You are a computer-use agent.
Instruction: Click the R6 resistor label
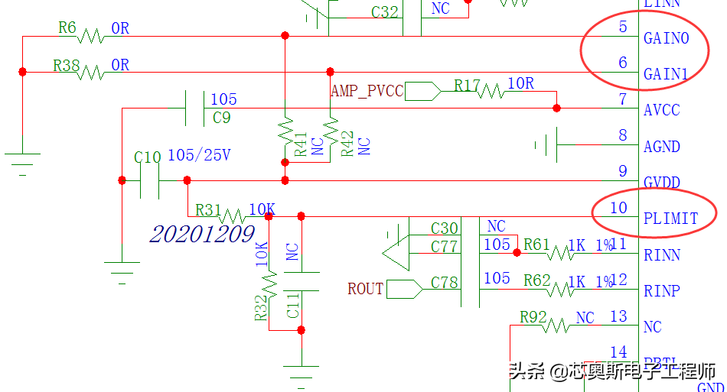67,28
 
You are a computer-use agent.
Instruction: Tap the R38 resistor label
67,66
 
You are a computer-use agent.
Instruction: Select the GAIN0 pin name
666,38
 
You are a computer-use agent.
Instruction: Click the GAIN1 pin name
666,74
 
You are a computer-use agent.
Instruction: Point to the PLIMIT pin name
670,219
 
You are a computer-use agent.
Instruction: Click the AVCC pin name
661,110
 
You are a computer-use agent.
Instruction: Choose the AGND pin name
662,147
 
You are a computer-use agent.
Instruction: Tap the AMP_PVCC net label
367,90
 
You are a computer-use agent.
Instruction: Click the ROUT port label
365,289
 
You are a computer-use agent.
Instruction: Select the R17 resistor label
467,85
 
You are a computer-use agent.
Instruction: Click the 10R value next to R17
520,83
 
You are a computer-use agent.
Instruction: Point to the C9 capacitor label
221,118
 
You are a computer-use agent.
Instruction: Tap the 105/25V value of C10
199,155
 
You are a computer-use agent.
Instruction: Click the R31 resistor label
208,209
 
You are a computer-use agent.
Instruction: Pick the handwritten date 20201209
202,234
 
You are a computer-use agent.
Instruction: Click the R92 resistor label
533,316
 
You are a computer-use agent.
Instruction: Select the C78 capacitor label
444,283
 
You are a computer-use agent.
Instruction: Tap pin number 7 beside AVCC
623,99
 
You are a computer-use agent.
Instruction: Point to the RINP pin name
662,291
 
